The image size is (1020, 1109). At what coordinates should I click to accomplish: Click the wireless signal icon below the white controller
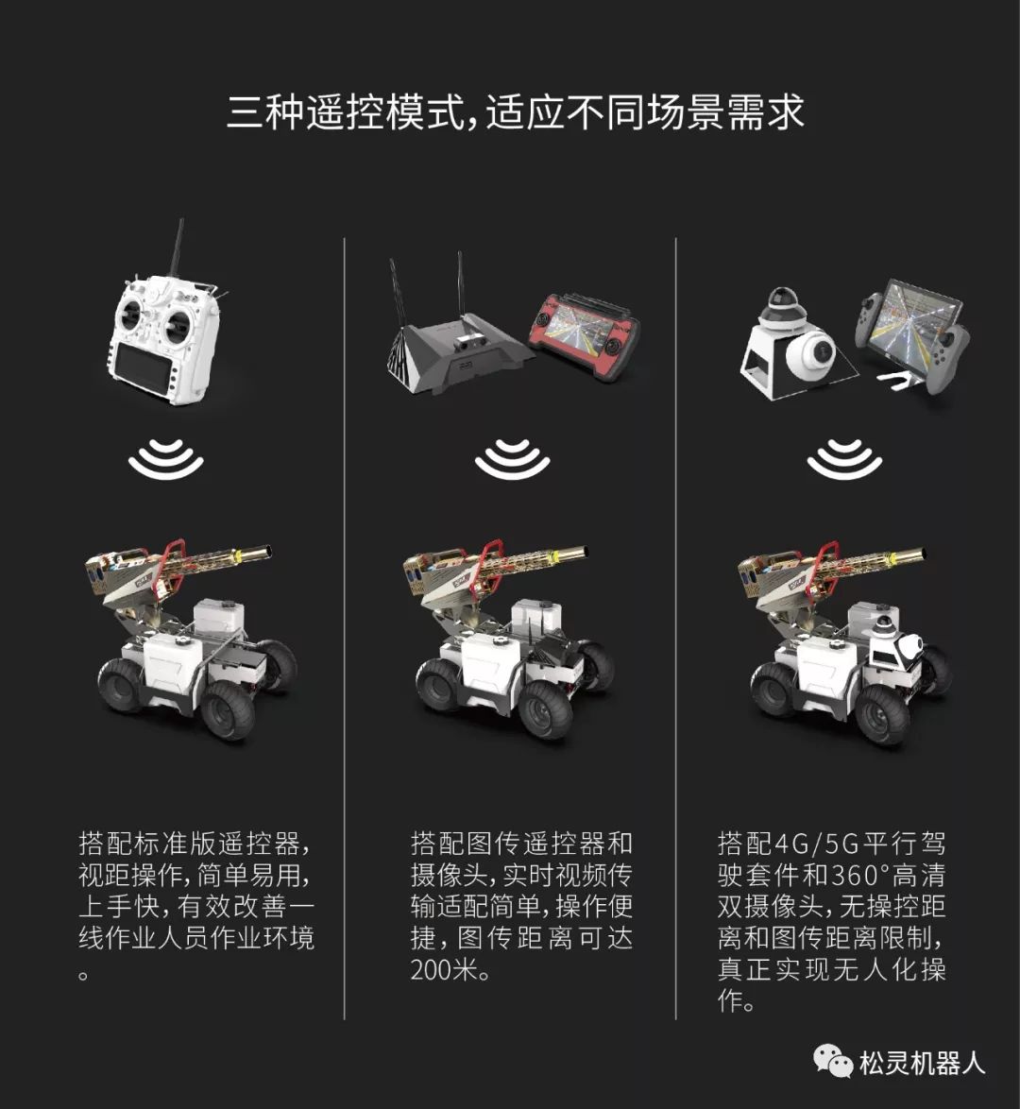166,460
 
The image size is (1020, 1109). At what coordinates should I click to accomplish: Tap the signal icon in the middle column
513,460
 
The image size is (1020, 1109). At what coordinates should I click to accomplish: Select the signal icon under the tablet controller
844,460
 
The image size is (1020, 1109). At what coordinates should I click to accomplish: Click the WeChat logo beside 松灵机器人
833,1062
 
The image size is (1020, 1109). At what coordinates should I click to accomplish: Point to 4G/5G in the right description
816,844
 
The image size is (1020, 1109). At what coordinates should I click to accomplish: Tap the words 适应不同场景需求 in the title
645,111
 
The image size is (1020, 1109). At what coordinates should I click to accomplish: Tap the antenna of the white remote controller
176,247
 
